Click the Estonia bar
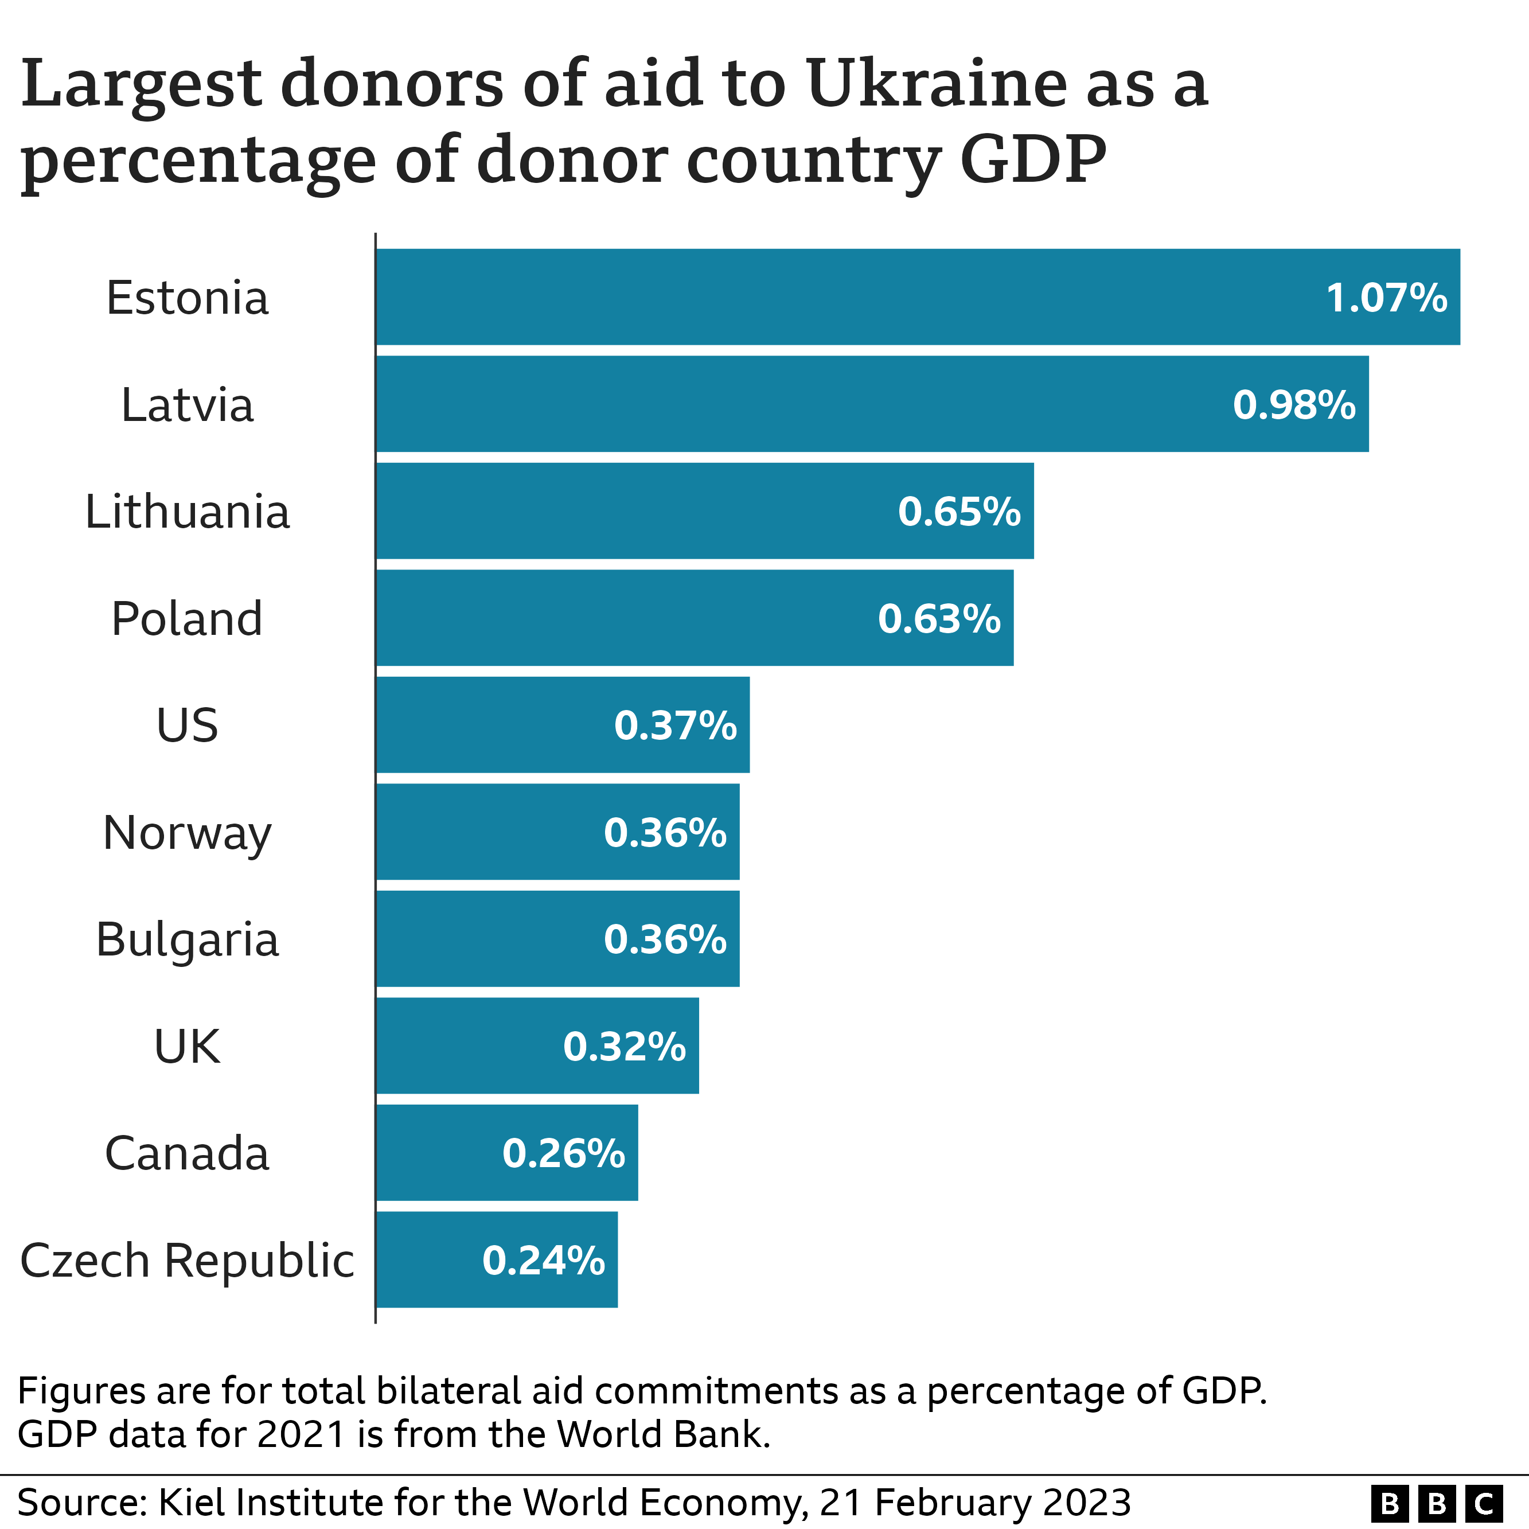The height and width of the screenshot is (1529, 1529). point(871,297)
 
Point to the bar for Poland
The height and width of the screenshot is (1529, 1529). point(633,618)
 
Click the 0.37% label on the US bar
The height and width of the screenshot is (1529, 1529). point(675,726)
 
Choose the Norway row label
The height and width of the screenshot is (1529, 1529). point(188,833)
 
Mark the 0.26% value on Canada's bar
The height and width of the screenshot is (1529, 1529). point(564,1154)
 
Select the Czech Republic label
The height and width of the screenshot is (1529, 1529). point(188,1261)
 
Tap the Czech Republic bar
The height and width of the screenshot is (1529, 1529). point(427,1260)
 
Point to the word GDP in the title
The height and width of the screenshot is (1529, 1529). point(1033,161)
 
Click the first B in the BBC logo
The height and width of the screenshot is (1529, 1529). point(1390,1503)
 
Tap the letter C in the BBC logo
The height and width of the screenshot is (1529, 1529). point(1484,1503)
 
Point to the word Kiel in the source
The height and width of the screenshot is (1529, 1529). point(190,1502)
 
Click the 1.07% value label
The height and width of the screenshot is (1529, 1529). point(1387,298)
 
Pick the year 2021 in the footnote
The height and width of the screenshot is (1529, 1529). point(302,1434)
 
